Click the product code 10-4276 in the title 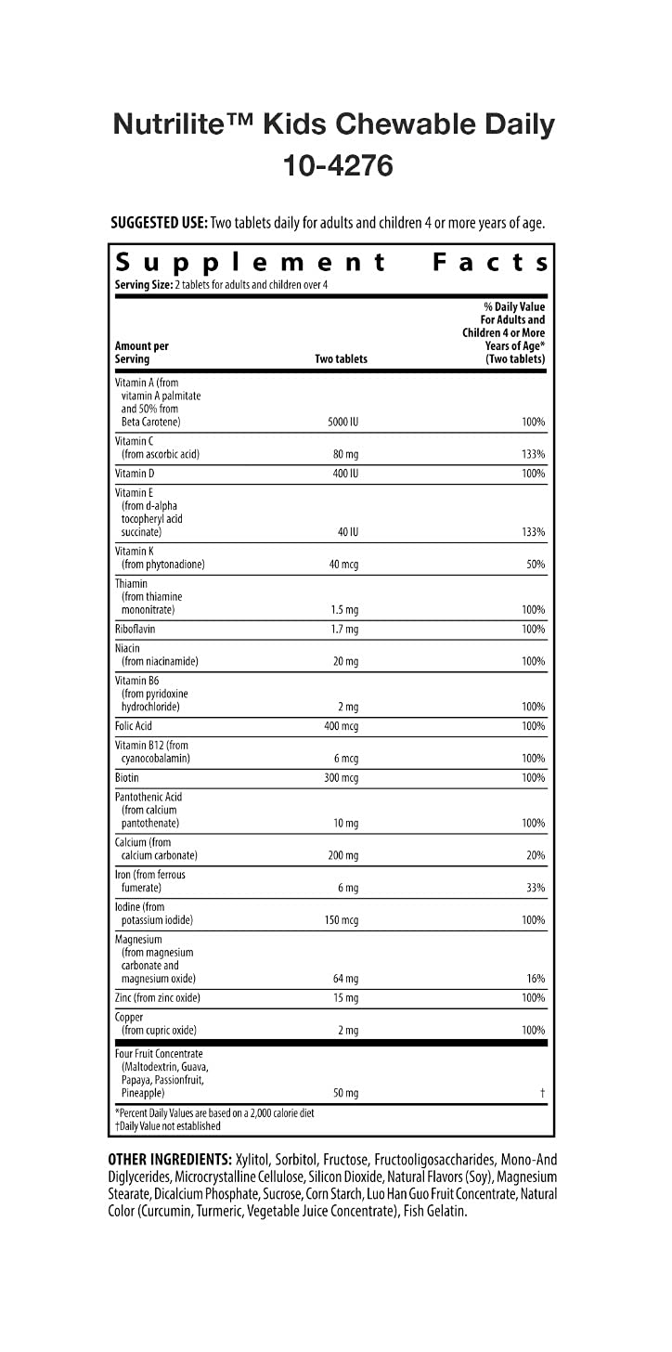[x=336, y=165]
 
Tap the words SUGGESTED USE [x=158, y=223]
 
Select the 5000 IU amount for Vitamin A [x=342, y=422]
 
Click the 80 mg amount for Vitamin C [x=342, y=454]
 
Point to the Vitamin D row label [x=135, y=474]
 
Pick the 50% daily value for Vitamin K [x=535, y=565]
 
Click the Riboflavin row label [x=136, y=630]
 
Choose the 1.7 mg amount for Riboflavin [x=344, y=630]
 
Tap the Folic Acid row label [x=134, y=726]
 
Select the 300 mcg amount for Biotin [x=341, y=778]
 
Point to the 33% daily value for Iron [x=535, y=888]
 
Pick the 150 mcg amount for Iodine [x=341, y=920]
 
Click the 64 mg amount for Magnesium [x=344, y=979]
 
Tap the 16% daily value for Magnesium [x=535, y=979]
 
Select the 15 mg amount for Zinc [x=344, y=998]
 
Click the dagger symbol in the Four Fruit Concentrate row [x=541, y=1093]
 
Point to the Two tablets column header [x=342, y=358]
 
